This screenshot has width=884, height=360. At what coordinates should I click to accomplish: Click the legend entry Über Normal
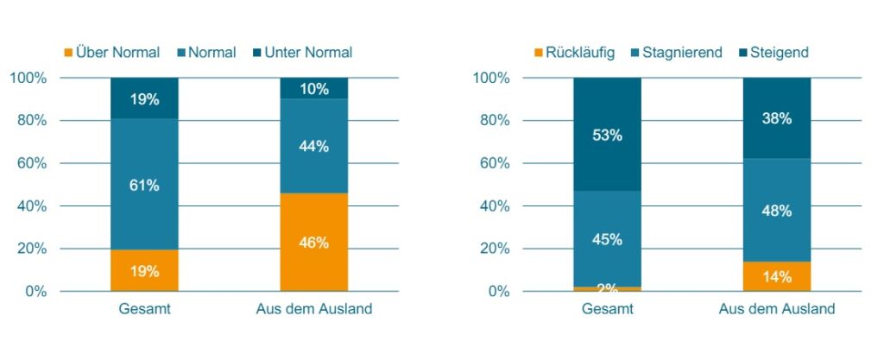(x=111, y=53)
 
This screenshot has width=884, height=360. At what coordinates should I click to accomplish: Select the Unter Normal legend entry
(x=301, y=53)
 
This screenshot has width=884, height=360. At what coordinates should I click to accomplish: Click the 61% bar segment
(x=144, y=185)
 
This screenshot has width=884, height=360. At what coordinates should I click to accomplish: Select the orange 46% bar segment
(x=313, y=243)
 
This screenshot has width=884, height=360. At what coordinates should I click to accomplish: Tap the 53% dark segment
(x=607, y=135)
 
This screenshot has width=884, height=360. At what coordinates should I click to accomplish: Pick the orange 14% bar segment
(x=777, y=276)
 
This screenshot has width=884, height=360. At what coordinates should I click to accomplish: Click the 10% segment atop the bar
(x=313, y=88)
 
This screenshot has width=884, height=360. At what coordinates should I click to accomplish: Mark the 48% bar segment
(x=777, y=211)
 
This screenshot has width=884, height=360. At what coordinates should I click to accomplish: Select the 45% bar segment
(x=607, y=238)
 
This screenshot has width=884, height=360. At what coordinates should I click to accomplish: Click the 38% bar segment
(x=777, y=118)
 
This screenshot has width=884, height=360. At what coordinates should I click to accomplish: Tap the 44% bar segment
(x=313, y=146)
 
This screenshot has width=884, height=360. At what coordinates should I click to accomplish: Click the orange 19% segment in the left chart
(x=144, y=271)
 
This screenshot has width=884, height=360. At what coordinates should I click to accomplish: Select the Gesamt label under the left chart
(x=144, y=309)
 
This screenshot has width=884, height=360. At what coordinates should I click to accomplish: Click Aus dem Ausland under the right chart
(x=777, y=309)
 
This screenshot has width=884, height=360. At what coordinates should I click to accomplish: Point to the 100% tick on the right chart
(x=491, y=79)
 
